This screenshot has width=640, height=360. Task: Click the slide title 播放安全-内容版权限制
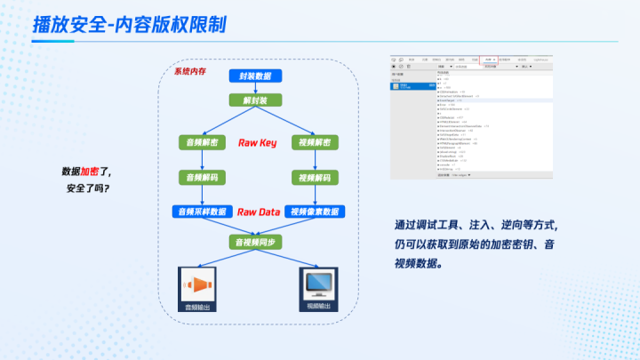(129, 24)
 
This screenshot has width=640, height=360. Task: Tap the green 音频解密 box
(203, 142)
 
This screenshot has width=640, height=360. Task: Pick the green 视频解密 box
(315, 142)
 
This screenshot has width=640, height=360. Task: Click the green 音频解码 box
(203, 177)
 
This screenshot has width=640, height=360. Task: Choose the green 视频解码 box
(315, 177)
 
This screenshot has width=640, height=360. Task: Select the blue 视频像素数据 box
(316, 212)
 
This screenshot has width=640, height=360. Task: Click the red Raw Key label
(258, 142)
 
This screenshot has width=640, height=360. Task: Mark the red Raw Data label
(259, 212)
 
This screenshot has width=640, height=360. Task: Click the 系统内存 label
(190, 70)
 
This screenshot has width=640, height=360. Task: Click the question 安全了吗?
(93, 188)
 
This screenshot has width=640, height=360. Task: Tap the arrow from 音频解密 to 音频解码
(203, 160)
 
